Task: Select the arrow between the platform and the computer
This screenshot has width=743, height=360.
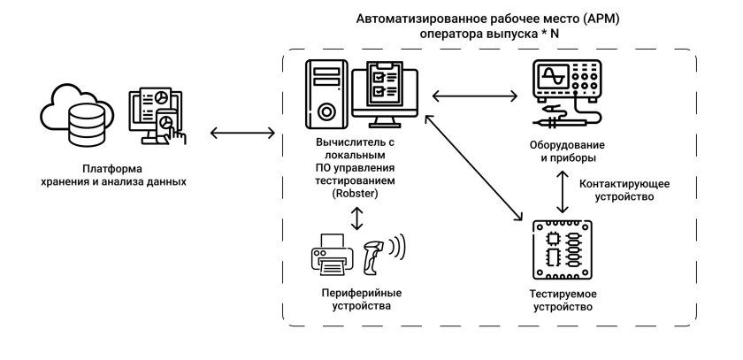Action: pos(243,134)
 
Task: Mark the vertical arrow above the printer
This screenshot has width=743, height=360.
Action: pos(357,218)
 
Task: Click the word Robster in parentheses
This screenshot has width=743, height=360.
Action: pos(356,193)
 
